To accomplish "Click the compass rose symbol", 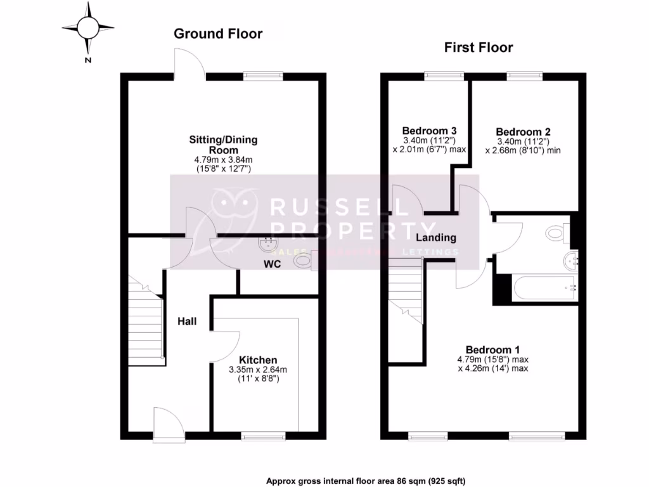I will pyautogui.click(x=88, y=27).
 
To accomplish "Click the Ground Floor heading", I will pyautogui.click(x=218, y=34).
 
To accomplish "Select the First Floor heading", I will pyautogui.click(x=479, y=47).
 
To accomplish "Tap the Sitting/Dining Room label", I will pyautogui.click(x=223, y=145).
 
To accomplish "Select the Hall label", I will pyautogui.click(x=187, y=321).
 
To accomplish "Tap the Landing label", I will pyautogui.click(x=435, y=238).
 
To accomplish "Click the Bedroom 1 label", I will pyautogui.click(x=492, y=349).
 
